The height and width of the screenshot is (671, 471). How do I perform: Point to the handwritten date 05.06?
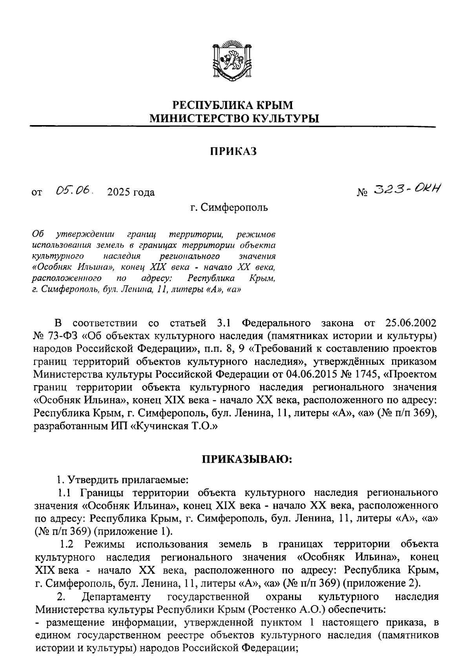coord(74,191)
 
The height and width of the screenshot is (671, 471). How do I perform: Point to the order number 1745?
coord(361,374)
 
